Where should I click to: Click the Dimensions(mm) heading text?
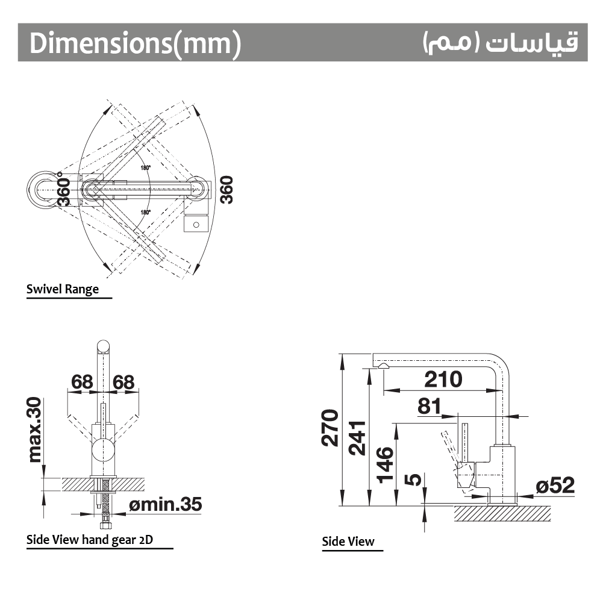coord(135,43)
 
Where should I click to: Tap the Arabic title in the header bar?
coord(501,42)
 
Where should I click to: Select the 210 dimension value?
coord(443,379)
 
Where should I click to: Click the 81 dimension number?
coord(429,406)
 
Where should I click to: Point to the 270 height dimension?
coord(330,428)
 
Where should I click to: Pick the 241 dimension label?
coord(357,438)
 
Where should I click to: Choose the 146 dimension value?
coord(385,464)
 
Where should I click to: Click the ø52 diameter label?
coord(555,486)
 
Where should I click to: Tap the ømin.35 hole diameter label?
coord(166,504)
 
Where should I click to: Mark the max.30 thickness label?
coord(34,430)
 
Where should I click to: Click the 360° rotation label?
coord(64,189)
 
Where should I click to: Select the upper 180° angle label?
coord(145,167)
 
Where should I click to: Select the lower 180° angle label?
coord(145,212)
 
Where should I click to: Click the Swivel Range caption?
coord(62,289)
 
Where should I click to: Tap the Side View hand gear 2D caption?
coord(90,540)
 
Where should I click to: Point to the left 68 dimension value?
coord(82,383)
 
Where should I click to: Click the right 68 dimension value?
coord(123,383)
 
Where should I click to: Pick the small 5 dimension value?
coord(413,480)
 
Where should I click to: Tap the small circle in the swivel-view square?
coord(196,225)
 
